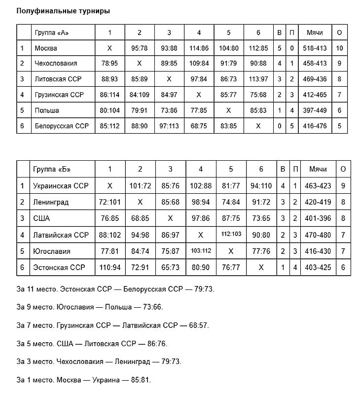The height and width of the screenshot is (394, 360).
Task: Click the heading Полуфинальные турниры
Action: click(63, 11)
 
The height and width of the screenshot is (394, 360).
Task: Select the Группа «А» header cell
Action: click(51, 33)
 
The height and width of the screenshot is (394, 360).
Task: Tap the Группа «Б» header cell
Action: click(52, 169)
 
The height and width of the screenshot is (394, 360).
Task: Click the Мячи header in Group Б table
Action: click(318, 169)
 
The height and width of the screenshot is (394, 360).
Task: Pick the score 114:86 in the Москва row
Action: click(199, 48)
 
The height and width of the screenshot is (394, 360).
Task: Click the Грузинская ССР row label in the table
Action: click(58, 95)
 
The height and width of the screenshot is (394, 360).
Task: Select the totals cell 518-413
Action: click(314, 48)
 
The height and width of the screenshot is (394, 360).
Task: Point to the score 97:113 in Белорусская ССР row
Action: click(169, 126)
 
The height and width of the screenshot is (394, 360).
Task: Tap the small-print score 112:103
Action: click(231, 234)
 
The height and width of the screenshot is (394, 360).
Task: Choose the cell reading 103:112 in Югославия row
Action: click(200, 251)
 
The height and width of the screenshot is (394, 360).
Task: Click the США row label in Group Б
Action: click(41, 218)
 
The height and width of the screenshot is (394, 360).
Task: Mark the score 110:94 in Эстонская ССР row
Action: click(110, 267)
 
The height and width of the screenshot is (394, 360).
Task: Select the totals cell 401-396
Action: click(318, 218)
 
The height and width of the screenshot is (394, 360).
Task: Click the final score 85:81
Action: click(141, 380)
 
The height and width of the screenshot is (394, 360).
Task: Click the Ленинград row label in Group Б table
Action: click(51, 202)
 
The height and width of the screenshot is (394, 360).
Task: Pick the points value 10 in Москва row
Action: click(339, 48)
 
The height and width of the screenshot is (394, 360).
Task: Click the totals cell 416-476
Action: click(314, 126)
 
